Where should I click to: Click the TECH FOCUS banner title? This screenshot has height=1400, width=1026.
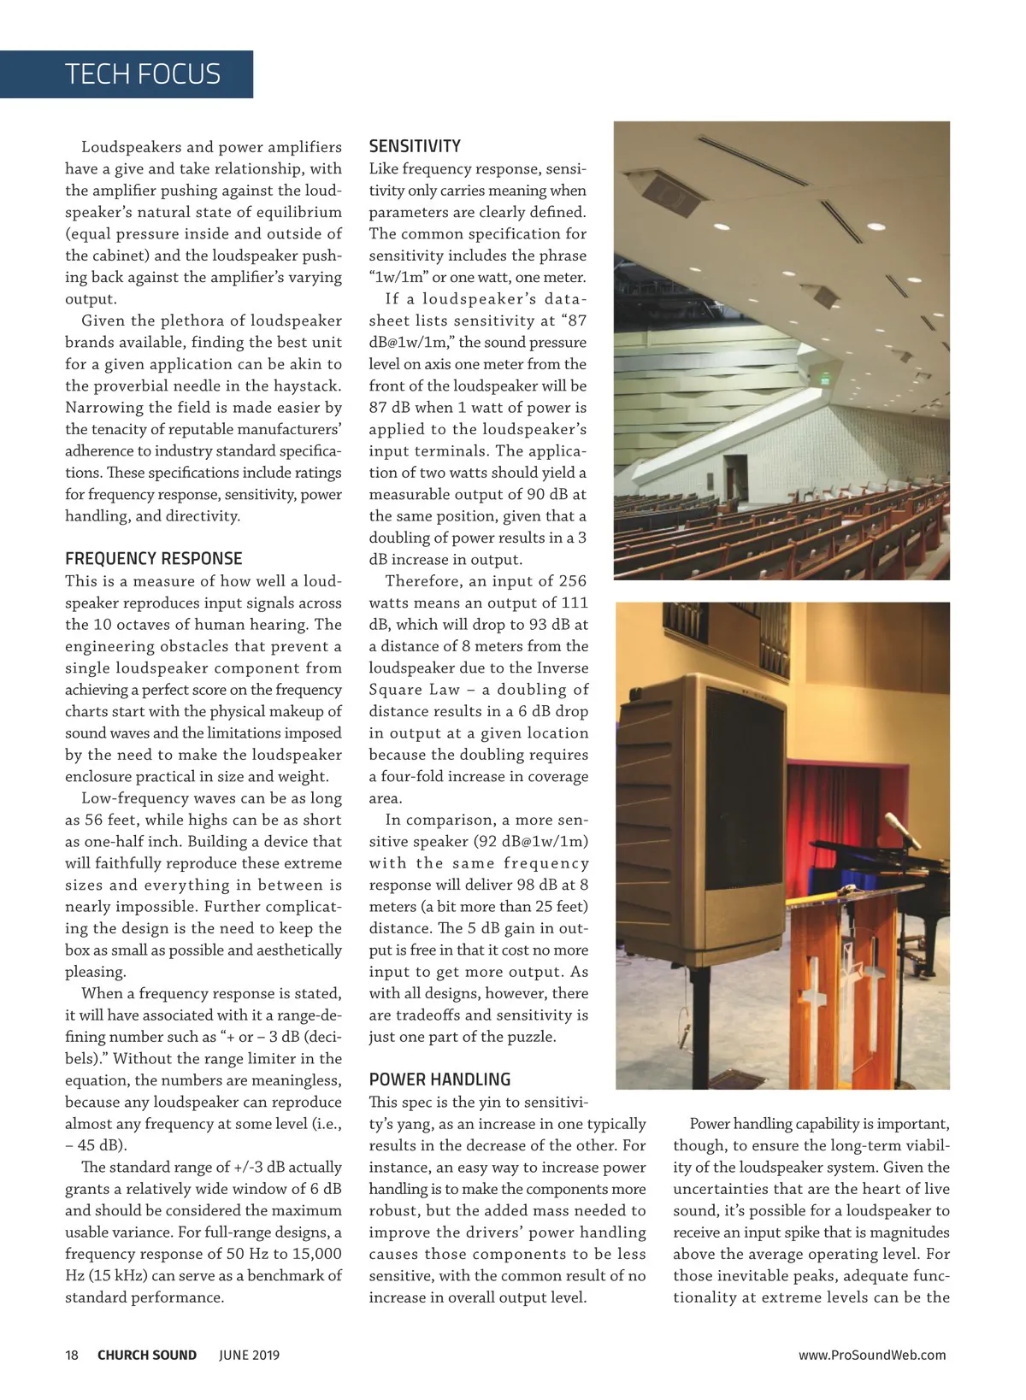[x=143, y=74]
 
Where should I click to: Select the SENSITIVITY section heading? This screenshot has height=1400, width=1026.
[x=415, y=146]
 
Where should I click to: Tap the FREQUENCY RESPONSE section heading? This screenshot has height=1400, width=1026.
[x=154, y=559]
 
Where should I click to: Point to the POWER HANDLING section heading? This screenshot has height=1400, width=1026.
[x=439, y=1079]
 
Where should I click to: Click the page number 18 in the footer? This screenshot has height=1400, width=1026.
[x=72, y=1355]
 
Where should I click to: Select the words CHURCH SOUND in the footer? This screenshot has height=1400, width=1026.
[x=147, y=1355]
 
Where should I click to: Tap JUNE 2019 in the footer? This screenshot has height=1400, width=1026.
[x=249, y=1355]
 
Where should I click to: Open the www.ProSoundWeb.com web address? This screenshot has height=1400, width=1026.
[x=872, y=1355]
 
